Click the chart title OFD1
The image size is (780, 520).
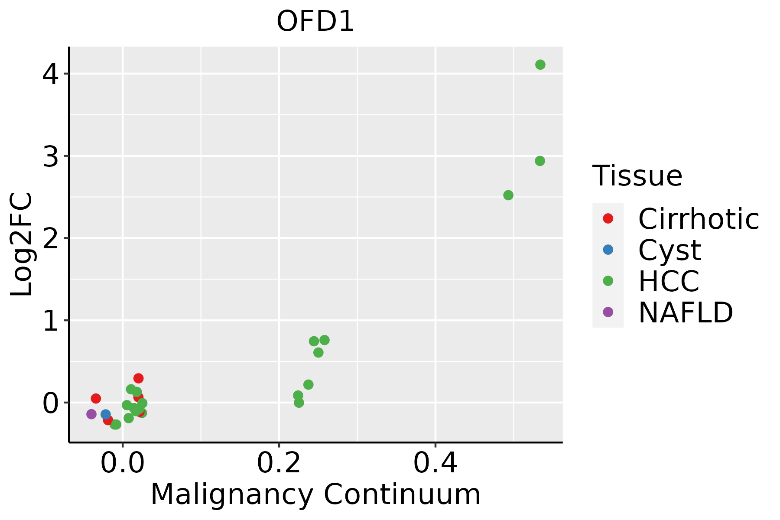(315, 22)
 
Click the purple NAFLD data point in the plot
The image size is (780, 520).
(91, 414)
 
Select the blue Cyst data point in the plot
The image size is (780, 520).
(106, 415)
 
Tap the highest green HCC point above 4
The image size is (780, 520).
(540, 65)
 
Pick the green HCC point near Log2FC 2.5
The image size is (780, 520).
(508, 195)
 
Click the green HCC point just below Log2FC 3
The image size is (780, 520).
(539, 161)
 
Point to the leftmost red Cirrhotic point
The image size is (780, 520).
(96, 399)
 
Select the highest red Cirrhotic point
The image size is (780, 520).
(138, 378)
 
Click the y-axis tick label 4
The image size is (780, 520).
(51, 75)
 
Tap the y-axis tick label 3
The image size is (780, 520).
(51, 157)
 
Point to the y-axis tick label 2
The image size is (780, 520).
(51, 239)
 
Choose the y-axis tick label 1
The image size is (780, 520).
(51, 322)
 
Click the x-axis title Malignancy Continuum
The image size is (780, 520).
(315, 494)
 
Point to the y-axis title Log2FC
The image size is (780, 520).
(22, 244)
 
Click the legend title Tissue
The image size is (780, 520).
(637, 176)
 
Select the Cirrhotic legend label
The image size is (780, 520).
(699, 219)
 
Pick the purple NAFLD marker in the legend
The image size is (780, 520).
(608, 312)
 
